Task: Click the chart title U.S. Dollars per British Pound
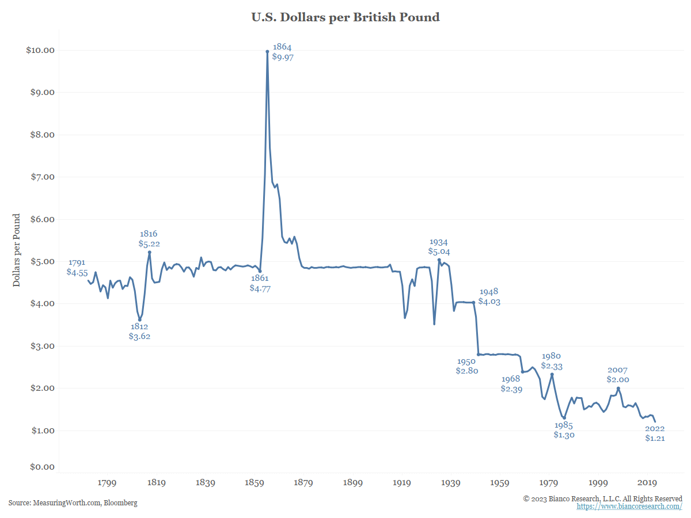tap(345, 17)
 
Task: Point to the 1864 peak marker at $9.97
tap(267, 51)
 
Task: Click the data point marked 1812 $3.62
tap(139, 319)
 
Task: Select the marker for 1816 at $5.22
tap(149, 252)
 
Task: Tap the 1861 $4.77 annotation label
tap(260, 283)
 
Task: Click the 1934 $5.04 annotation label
tap(438, 247)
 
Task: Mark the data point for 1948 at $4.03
tap(473, 302)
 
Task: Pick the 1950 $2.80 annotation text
tap(466, 366)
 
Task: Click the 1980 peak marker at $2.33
tap(552, 374)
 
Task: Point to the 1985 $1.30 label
tap(564, 430)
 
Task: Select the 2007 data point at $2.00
tap(618, 388)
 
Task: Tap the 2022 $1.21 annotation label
tap(655, 433)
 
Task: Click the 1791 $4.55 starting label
tap(77, 267)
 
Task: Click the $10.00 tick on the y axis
tap(40, 50)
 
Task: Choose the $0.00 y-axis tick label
tap(42, 467)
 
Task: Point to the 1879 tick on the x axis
tap(303, 483)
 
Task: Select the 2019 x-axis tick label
tap(647, 483)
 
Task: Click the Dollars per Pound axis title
tap(17, 250)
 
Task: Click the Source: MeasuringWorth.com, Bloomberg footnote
tap(73, 503)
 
